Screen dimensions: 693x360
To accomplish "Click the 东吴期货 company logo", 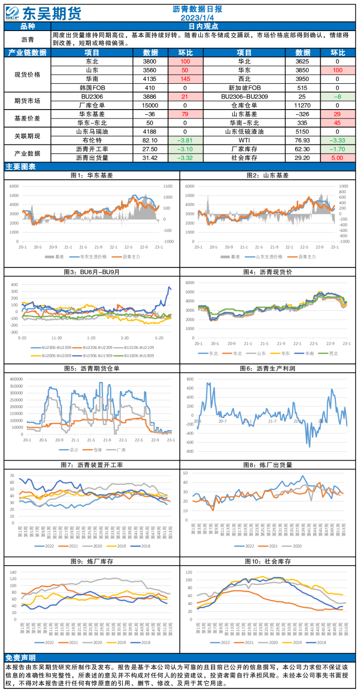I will (x=44, y=13).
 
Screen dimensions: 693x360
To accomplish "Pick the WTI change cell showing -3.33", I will (x=337, y=140).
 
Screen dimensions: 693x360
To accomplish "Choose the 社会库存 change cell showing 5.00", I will (x=337, y=157).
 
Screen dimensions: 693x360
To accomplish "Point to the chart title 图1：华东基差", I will (x=92, y=175).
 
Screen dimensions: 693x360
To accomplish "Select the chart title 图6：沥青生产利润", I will (x=269, y=369).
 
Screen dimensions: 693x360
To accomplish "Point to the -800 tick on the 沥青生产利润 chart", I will (x=190, y=452).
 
